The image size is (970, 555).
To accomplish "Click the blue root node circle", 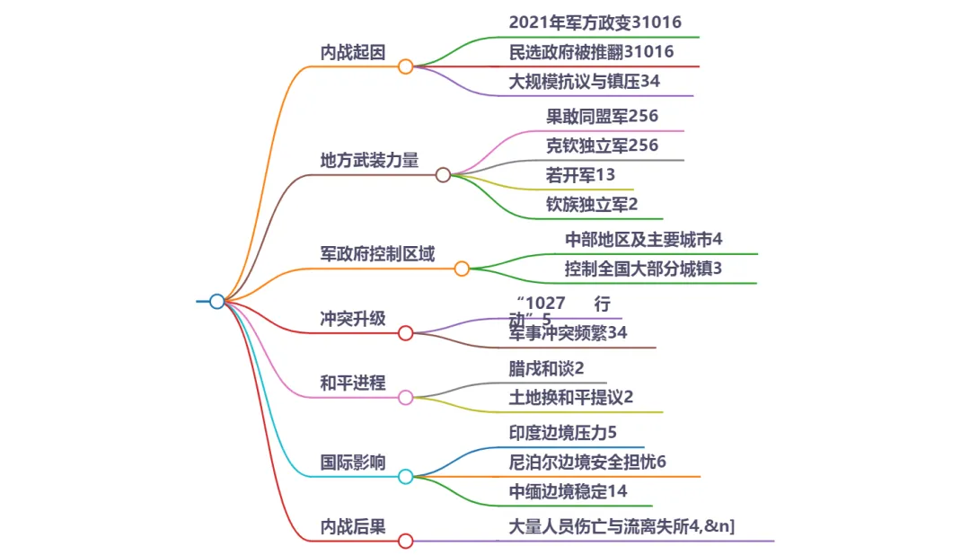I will coord(216,302).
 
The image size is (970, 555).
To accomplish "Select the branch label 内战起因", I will coord(353,52).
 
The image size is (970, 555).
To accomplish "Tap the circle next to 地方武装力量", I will coord(443,175).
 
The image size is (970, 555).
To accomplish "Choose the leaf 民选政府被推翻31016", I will coord(591,52).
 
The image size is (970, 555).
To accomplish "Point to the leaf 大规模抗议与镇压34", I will coord(585,82).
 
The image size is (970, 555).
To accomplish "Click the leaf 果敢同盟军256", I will coord(602,116).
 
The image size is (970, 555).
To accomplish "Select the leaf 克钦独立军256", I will coord(602,145).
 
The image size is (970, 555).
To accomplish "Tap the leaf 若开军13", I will coord(580,174).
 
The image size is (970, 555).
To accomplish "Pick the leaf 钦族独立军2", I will coord(592,204).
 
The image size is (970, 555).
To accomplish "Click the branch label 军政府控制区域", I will coord(377,254).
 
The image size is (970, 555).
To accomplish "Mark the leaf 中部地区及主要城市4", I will coord(644,240).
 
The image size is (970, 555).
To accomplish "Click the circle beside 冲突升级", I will coord(405,333).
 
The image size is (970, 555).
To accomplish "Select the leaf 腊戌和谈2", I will coord(546,368).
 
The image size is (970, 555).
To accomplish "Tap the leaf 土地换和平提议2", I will coord(571,397).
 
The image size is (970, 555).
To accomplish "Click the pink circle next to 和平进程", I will coord(405,397).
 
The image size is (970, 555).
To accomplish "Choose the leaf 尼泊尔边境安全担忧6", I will coord(587,462).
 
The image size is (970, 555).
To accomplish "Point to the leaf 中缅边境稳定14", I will coord(568,491).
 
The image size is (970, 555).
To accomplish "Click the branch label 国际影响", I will coord(353,462).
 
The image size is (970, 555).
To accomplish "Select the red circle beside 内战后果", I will coord(405,541).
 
